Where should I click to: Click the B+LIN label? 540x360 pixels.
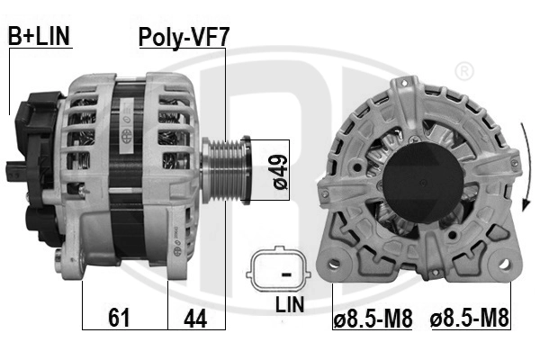tap(39, 36)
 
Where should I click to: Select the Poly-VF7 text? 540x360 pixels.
tap(184, 37)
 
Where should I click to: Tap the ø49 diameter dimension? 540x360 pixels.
tap(279, 170)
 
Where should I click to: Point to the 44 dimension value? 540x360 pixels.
tap(194, 317)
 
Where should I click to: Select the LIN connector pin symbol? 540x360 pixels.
tap(285, 271)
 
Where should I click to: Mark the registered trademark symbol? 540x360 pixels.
tap(463, 70)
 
